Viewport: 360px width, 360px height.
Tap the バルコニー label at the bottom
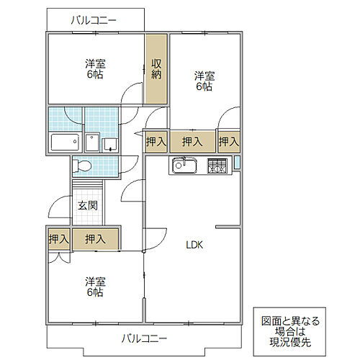click(144, 337)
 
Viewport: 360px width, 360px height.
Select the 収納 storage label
click(156, 68)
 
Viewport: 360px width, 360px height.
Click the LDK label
click(195, 245)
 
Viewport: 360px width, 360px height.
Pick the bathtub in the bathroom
click(65, 142)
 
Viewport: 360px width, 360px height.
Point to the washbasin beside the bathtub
click(91, 143)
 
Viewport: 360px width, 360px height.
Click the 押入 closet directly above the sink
click(192, 142)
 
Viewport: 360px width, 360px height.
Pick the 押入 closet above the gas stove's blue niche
click(230, 142)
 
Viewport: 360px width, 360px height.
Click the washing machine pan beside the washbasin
click(109, 143)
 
